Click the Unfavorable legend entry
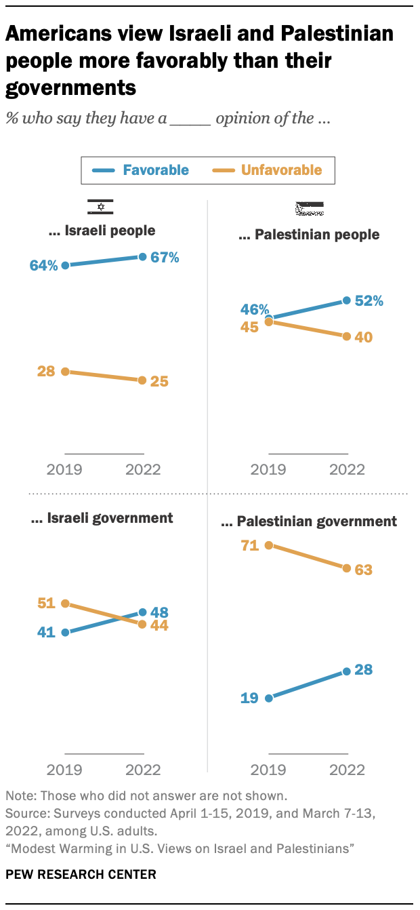tap(271, 170)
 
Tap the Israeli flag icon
tap(100, 207)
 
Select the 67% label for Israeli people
tap(164, 258)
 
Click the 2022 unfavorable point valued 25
tap(142, 380)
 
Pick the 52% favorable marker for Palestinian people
tap(347, 300)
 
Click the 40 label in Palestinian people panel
tap(364, 337)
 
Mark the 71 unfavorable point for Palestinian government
tap(269, 545)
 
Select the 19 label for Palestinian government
tap(249, 698)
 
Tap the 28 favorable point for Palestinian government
tap(347, 671)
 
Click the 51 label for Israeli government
tap(45, 602)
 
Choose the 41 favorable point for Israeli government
tap(65, 632)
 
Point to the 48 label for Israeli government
tap(160, 611)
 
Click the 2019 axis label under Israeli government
tap(64, 769)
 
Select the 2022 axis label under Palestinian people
tap(346, 469)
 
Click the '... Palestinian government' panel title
tap(309, 521)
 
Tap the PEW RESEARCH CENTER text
tap(81, 874)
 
